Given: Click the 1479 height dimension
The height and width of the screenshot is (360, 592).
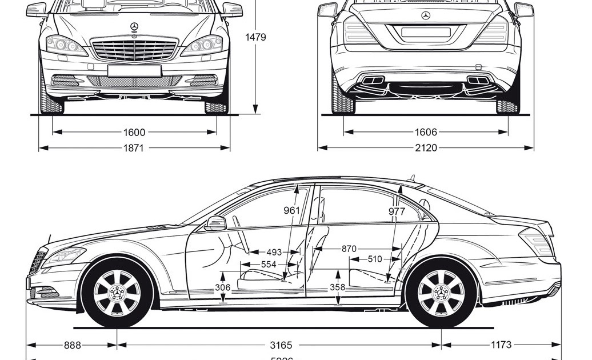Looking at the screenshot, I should (x=256, y=37).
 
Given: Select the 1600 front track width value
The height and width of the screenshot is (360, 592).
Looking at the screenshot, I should (x=134, y=133).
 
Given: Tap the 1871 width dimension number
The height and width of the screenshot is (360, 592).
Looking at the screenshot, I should (x=134, y=148).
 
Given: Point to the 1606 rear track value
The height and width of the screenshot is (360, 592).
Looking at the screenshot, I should (x=426, y=133).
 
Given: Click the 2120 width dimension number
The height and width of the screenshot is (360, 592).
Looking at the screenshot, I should (x=426, y=148).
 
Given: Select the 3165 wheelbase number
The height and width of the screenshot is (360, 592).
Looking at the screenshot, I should (x=281, y=345).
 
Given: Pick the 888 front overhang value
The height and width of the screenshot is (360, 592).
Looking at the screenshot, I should (x=72, y=345).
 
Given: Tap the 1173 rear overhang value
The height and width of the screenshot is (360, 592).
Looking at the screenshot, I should (x=500, y=345).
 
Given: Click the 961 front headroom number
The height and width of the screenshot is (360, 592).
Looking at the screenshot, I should (x=291, y=210).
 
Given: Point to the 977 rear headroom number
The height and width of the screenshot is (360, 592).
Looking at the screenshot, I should (x=396, y=211).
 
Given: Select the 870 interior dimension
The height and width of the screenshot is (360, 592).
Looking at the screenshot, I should (x=349, y=249).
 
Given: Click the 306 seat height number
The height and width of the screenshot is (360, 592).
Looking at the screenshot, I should (x=223, y=287).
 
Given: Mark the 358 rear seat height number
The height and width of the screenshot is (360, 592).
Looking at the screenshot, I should (x=338, y=287).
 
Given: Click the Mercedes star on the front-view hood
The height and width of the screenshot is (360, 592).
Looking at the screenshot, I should (x=134, y=27).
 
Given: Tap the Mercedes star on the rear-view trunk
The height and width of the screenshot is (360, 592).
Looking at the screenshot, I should (x=426, y=15).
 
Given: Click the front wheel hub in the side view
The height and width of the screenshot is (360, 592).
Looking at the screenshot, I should (x=117, y=293).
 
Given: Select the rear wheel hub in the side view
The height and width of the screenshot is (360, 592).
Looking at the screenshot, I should (x=441, y=293).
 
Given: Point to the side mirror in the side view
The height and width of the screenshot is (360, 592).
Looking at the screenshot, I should (x=215, y=223).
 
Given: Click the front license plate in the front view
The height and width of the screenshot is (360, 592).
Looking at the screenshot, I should (x=134, y=70).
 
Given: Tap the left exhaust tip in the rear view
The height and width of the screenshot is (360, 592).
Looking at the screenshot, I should (x=373, y=81).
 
